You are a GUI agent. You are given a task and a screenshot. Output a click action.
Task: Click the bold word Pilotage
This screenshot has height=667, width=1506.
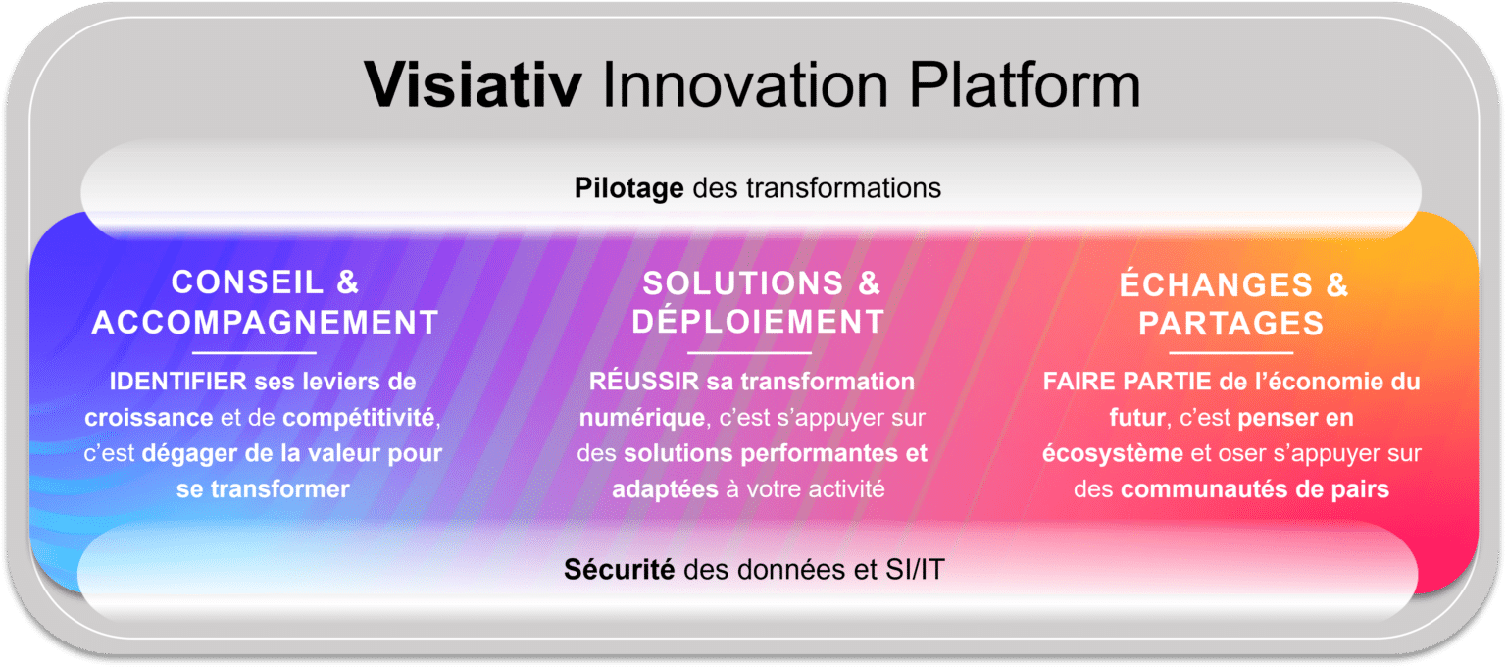click(628, 187)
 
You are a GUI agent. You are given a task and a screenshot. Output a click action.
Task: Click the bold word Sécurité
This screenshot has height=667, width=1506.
click(619, 569)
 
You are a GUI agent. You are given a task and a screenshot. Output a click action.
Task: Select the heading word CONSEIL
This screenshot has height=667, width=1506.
click(247, 282)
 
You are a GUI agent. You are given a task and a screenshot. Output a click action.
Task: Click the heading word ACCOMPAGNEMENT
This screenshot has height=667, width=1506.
click(265, 322)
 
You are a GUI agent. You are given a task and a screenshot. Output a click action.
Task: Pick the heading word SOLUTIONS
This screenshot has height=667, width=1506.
click(742, 283)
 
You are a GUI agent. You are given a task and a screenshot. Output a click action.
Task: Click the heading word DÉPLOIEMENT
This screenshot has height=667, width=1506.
click(758, 322)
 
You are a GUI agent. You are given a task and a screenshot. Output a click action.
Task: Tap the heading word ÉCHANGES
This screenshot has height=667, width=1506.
click(1217, 285)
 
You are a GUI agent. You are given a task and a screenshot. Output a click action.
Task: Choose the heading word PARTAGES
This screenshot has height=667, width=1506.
click(1231, 324)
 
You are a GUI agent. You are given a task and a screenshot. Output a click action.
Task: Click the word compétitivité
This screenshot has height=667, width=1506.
click(358, 417)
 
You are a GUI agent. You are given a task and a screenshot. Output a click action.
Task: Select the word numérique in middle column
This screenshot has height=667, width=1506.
click(642, 418)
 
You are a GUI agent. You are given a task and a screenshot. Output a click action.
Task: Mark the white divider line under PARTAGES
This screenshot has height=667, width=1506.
click(1231, 353)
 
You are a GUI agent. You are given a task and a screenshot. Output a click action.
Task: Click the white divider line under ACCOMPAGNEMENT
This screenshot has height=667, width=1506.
click(255, 352)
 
